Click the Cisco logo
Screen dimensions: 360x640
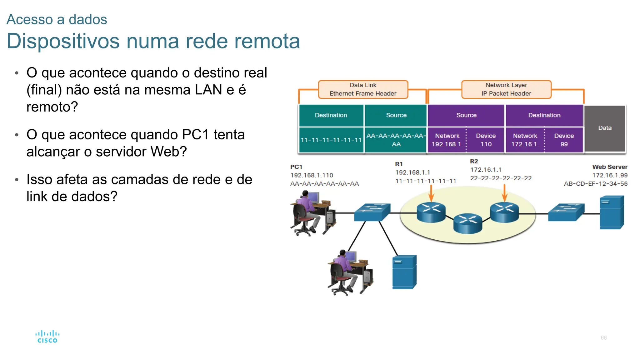tap(47, 337)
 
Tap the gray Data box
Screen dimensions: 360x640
tap(605, 128)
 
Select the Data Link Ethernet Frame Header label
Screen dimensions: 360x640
tap(363, 89)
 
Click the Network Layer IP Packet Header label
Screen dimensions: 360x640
tap(506, 89)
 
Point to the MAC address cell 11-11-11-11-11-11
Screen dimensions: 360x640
tap(331, 140)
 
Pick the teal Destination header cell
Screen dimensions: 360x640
tap(331, 115)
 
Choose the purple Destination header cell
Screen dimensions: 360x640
tap(544, 115)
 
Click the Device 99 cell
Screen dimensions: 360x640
tap(564, 140)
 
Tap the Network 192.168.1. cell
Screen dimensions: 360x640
tap(447, 140)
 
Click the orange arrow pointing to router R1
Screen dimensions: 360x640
tap(431, 193)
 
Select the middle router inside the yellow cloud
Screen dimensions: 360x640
tap(467, 223)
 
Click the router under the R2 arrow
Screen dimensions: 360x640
tap(504, 212)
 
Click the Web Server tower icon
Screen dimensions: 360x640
tap(612, 212)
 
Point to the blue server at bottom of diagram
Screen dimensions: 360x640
tap(404, 272)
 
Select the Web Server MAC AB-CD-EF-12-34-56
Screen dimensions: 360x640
tap(595, 184)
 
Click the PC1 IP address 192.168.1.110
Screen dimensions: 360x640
tap(312, 175)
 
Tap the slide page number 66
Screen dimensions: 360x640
tap(603, 338)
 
